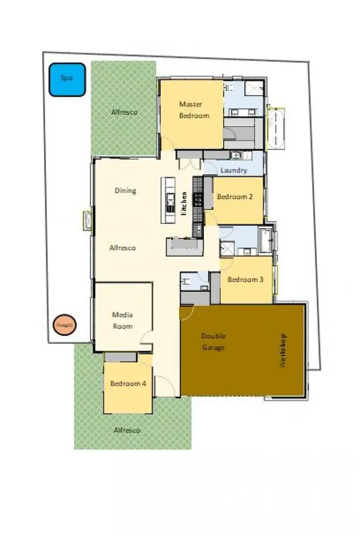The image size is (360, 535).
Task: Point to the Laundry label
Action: pos(234,170)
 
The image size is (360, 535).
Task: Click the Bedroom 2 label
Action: pos(235,196)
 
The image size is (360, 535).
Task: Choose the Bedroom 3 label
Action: pos(245,280)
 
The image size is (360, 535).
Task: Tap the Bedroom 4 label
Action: pos(128,383)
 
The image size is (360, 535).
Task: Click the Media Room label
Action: pos(122,321)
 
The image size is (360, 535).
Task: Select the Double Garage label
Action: pos(213,342)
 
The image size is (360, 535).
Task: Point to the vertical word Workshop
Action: pos(283,351)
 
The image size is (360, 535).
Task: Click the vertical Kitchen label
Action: pos(184,202)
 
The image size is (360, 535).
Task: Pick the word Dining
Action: pos(125,190)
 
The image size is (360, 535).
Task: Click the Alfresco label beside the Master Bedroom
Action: pos(124,112)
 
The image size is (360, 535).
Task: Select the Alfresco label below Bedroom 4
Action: pos(127,430)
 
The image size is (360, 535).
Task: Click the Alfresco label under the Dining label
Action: pos(122,248)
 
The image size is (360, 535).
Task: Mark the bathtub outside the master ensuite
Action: pos(275,128)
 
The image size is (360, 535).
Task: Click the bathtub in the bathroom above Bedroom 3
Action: pos(265,240)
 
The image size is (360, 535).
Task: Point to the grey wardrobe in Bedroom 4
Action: pos(120,357)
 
